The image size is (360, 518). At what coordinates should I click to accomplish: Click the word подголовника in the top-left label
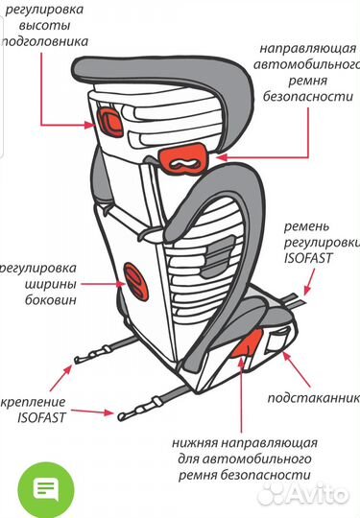[x=45, y=42]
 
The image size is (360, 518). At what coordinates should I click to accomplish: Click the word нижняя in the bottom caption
[x=201, y=441]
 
